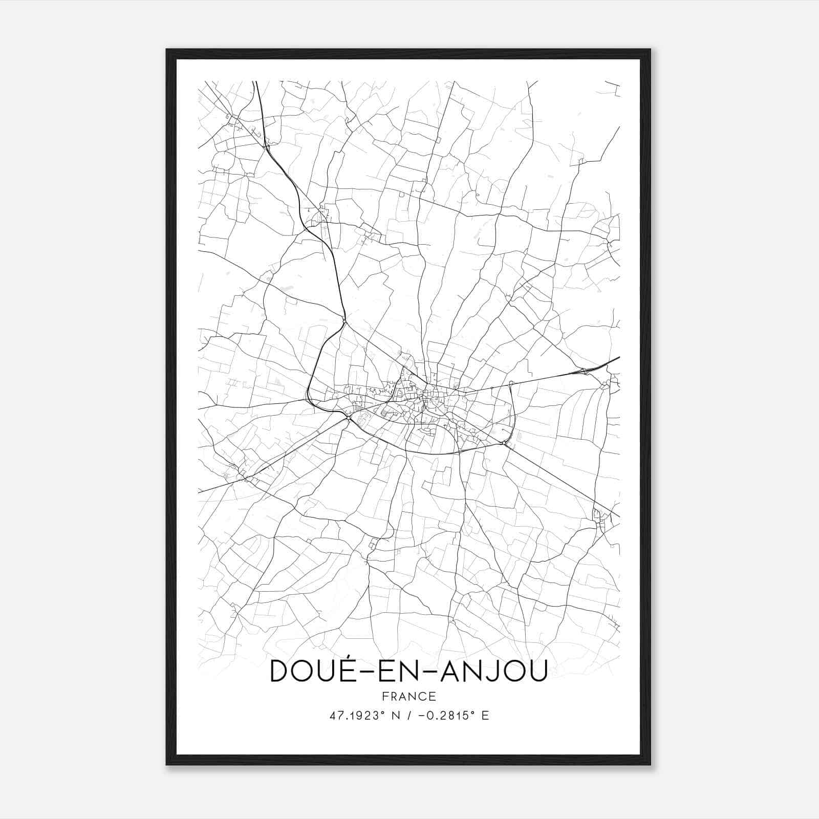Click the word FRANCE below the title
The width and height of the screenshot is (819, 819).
[x=408, y=696]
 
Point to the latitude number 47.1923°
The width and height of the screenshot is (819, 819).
[x=357, y=716]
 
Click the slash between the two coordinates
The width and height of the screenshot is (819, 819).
[x=408, y=716]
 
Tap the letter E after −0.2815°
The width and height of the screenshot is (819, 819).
[x=485, y=716]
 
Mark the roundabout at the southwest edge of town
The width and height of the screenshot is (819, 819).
[x=348, y=418]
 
